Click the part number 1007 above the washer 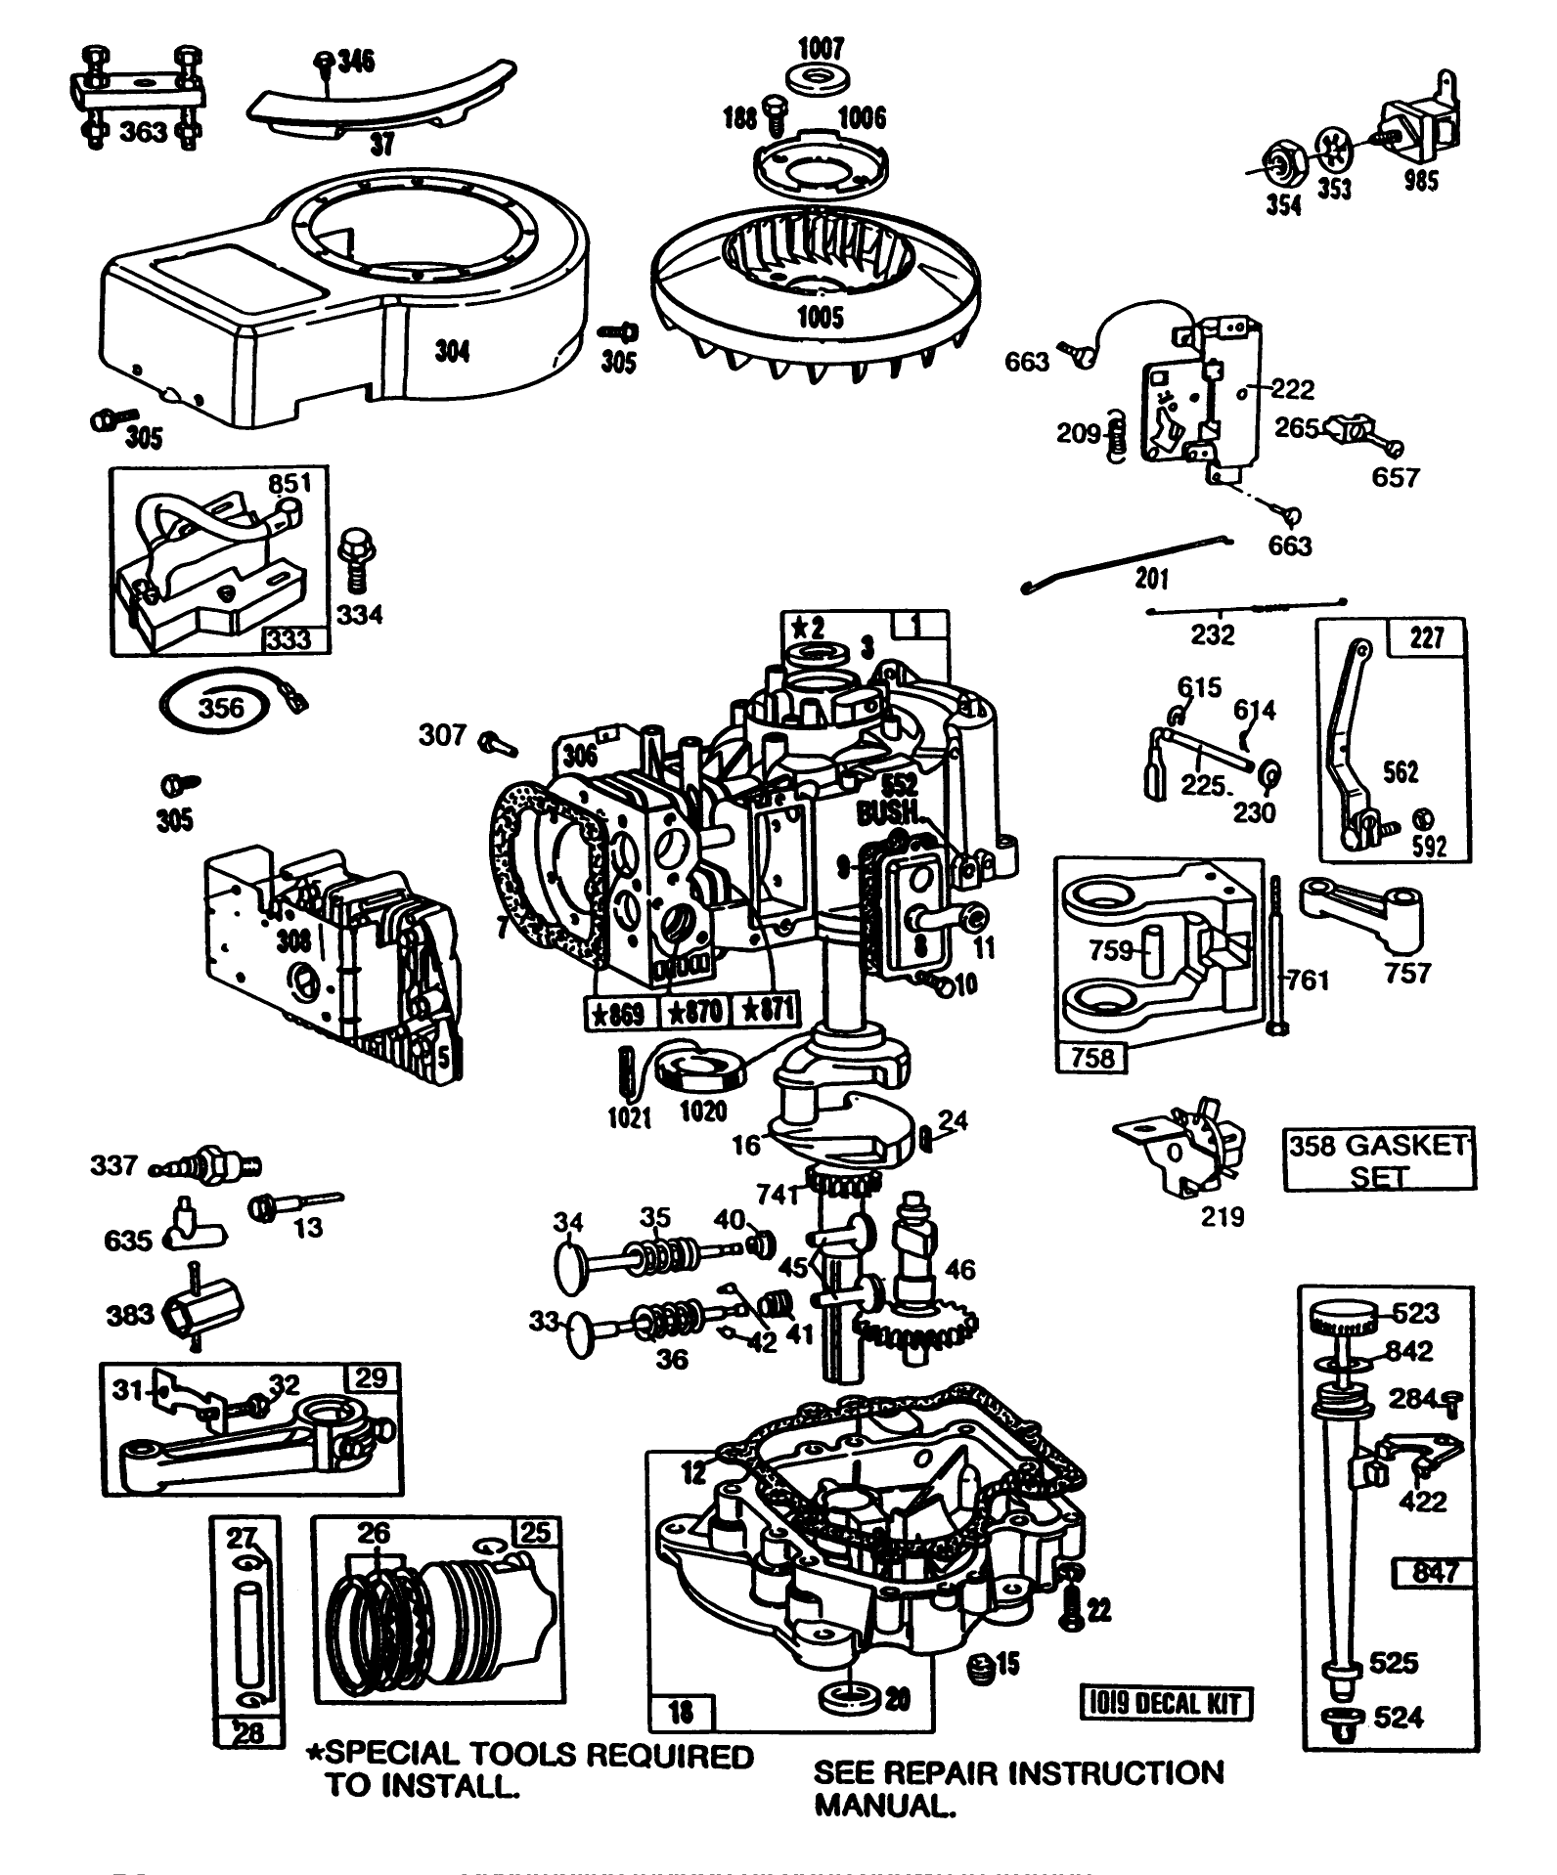coord(821,48)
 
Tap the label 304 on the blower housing coord(452,351)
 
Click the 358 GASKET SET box coord(1378,1160)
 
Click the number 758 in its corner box coord(1092,1058)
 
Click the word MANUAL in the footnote coord(884,1806)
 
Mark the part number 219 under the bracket coord(1223,1216)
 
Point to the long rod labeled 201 coord(1125,562)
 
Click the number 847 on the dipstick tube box coord(1434,1573)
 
